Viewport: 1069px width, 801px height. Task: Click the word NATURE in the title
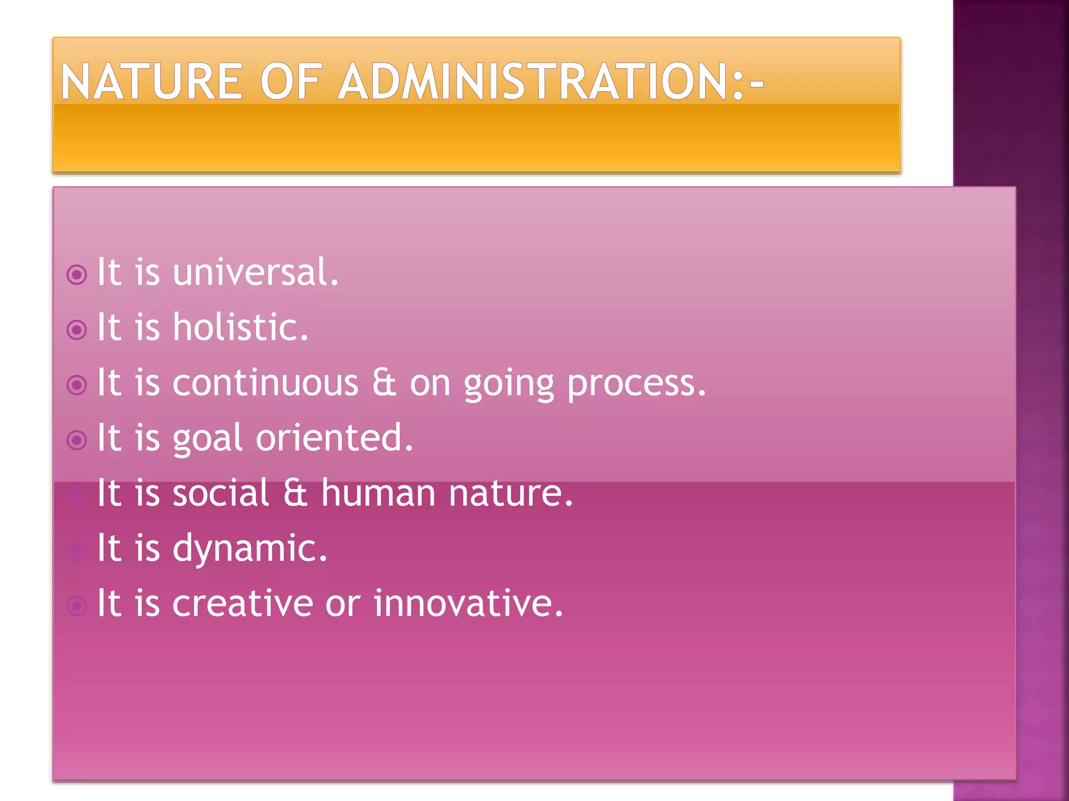click(151, 81)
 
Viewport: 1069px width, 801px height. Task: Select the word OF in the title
click(290, 81)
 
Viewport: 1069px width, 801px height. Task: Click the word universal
click(256, 272)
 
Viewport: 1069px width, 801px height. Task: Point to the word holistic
click(240, 327)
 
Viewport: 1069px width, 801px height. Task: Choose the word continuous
click(266, 383)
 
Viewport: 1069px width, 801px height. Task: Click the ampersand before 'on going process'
click(384, 383)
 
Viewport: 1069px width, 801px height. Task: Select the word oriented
click(334, 438)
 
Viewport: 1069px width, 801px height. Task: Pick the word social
click(221, 493)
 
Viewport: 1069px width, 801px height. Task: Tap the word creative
click(242, 603)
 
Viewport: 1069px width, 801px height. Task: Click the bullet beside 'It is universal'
click(77, 275)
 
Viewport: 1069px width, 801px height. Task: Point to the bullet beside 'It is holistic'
click(77, 330)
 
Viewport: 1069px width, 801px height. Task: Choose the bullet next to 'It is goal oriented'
click(77, 440)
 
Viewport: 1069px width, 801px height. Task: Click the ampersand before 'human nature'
click(295, 493)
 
